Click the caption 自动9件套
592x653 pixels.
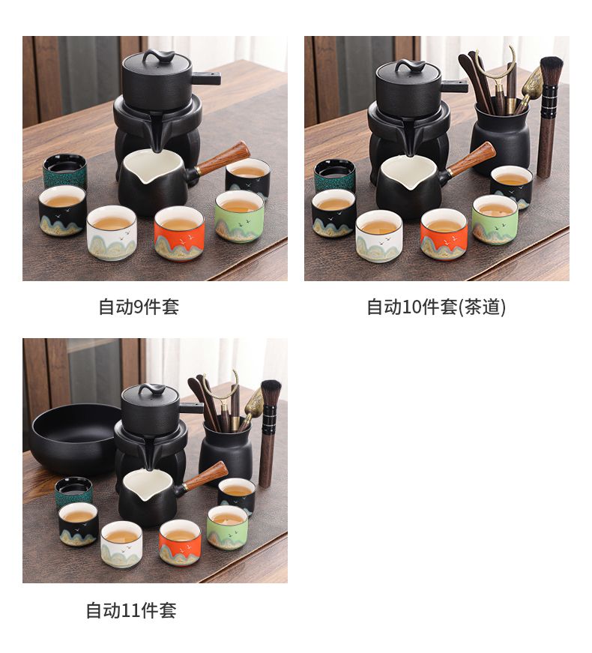click(139, 307)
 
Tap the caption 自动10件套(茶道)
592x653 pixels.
click(436, 307)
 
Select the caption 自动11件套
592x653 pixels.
click(131, 610)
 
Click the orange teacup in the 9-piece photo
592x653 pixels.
click(179, 233)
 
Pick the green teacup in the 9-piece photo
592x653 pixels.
click(239, 216)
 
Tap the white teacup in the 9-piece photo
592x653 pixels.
click(112, 233)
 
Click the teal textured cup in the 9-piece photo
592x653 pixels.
click(65, 171)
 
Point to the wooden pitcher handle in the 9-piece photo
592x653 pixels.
click(223, 157)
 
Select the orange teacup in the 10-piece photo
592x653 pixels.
click(444, 235)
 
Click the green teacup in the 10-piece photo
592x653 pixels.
click(495, 219)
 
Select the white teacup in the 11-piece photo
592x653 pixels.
click(121, 544)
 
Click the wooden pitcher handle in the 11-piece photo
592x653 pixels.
click(206, 475)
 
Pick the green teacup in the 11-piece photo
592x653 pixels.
click(227, 527)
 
